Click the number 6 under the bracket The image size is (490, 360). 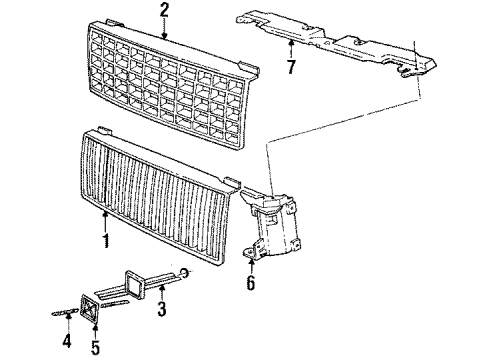click(250, 284)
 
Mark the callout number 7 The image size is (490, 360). click(290, 68)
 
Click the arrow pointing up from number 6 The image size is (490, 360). click(250, 268)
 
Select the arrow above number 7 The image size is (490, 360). click(290, 50)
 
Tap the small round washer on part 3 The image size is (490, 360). click(187, 275)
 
